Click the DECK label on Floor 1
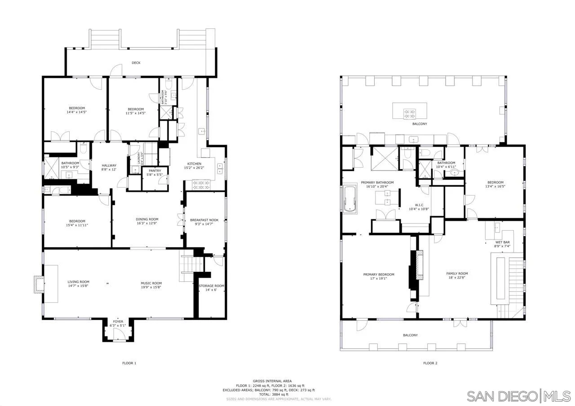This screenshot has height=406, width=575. pos(136,63)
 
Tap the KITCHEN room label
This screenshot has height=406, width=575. pos(194,164)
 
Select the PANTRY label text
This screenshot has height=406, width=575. pos(155,171)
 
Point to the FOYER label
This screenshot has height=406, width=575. pos(118,322)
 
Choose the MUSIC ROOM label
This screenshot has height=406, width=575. pos(151,283)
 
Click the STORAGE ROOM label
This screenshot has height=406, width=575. pos(211,286)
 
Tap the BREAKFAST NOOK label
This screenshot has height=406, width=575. pos(204,220)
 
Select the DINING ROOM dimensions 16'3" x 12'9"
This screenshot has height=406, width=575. pos(147,223)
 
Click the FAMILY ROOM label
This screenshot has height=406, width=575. pos(457,273)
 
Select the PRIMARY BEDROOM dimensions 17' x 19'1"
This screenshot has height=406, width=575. pos(379,278)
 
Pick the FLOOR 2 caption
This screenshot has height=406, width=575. pos(430,363)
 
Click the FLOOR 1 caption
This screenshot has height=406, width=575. pos(129,363)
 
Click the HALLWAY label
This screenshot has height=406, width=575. pos(109,165)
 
